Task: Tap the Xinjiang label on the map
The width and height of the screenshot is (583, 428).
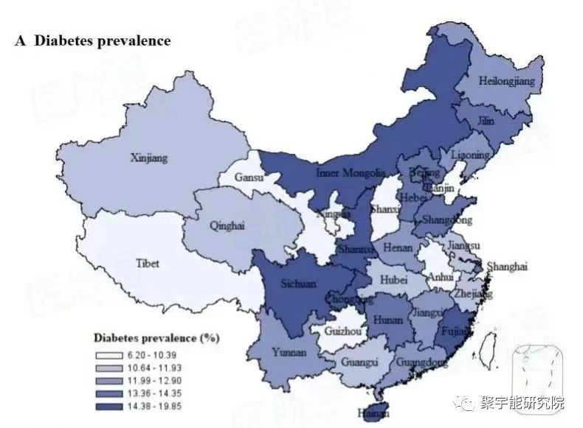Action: (x=149, y=158)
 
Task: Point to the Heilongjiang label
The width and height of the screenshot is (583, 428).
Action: (x=507, y=80)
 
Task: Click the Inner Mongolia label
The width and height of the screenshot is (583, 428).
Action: (x=351, y=174)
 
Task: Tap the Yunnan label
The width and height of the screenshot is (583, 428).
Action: (x=289, y=352)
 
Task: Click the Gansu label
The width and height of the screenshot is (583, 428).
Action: (x=249, y=178)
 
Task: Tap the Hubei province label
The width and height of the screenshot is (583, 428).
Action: (x=393, y=280)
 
